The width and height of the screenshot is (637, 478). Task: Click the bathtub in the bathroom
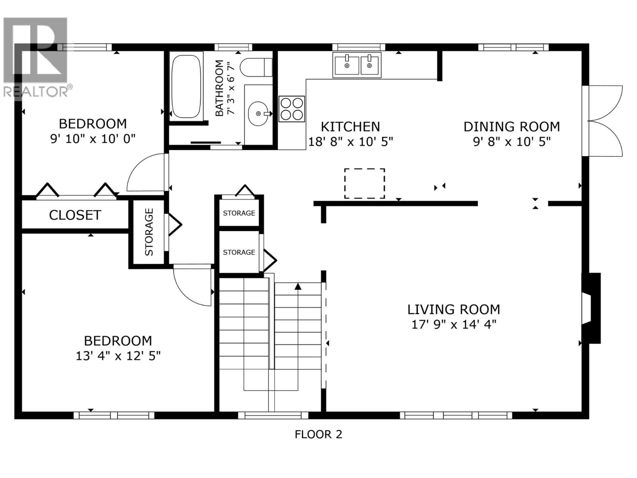coord(186,86)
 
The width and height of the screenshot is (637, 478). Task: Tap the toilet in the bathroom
coord(256,67)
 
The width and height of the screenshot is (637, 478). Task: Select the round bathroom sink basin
coord(258,114)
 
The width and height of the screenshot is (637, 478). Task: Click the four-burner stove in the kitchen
coord(292,109)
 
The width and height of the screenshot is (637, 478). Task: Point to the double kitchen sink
coord(357,65)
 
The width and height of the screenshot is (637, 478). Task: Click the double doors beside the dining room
coord(606,121)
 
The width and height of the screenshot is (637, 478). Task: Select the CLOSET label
coord(75,215)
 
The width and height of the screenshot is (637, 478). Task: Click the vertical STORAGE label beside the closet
coord(149,232)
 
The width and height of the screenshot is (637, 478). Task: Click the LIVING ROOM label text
coord(453,310)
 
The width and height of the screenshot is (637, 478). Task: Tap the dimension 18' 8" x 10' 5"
coord(350,142)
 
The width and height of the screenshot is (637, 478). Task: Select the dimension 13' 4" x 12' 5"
coord(118,356)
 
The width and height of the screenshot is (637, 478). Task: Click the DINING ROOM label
coord(512,127)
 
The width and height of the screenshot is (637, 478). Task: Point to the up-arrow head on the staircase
coord(298,286)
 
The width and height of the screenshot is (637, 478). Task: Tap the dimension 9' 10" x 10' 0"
coord(93,139)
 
